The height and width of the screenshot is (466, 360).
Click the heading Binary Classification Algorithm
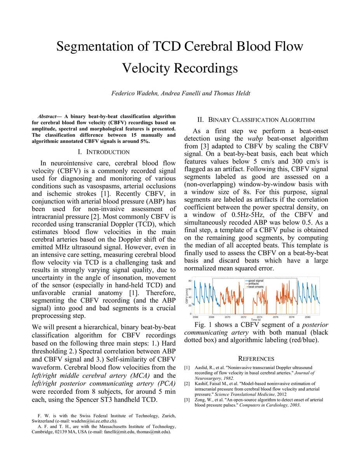[x=256, y=120]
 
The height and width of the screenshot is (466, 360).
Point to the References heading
[x=256, y=358]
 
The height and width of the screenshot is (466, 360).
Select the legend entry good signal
[x=257, y=280]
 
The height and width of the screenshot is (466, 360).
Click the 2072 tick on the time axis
[x=244, y=317]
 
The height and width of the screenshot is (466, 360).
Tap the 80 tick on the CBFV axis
[x=190, y=280]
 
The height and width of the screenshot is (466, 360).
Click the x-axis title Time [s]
[x=256, y=320]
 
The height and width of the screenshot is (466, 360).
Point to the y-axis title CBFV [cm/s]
[x=186, y=297]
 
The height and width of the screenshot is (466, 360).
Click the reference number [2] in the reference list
[x=187, y=384]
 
